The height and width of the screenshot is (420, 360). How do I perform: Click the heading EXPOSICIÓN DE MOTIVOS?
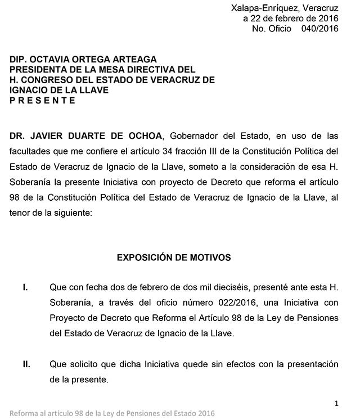coord(174,258)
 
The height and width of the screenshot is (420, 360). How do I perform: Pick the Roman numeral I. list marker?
coord(25,288)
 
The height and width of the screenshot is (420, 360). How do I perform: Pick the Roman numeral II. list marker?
coord(26,364)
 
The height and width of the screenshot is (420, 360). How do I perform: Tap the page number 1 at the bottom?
coord(336,403)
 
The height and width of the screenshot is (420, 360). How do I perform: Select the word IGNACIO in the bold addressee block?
coord(30,90)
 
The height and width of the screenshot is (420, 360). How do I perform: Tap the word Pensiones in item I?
coord(316,318)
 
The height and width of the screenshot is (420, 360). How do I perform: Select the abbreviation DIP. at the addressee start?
coord(20,59)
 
